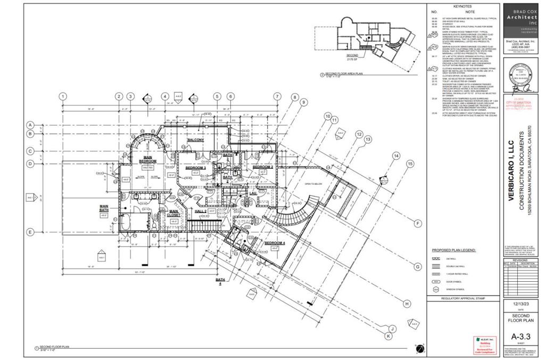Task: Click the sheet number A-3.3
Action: [521, 336]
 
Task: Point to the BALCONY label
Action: [196, 140]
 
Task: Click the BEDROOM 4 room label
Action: [275, 243]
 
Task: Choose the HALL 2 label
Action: [201, 211]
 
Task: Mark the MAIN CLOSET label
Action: [174, 213]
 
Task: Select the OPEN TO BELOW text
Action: [314, 184]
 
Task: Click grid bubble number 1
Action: [63, 96]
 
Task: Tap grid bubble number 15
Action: [410, 163]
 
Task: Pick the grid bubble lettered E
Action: [31, 232]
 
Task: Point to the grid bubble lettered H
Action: [407, 304]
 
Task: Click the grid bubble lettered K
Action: [389, 336]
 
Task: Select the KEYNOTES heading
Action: [462, 6]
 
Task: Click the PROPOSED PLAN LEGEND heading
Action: [453, 250]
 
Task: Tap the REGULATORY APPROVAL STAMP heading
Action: [463, 299]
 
